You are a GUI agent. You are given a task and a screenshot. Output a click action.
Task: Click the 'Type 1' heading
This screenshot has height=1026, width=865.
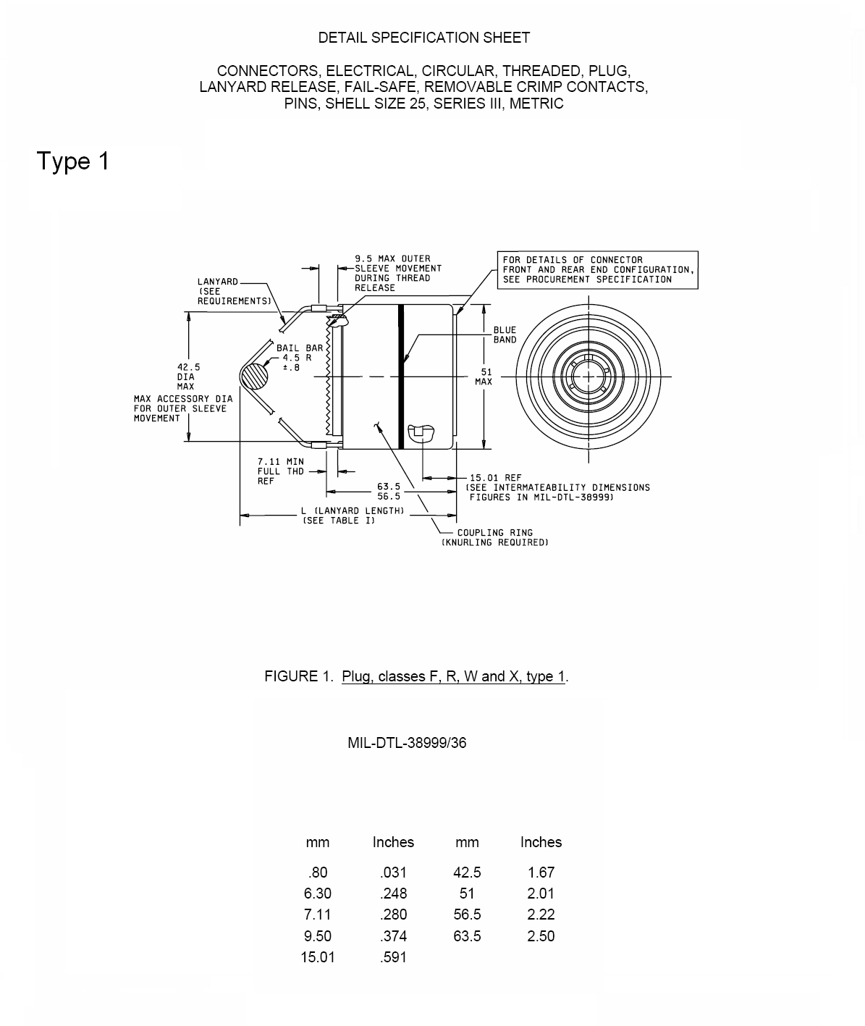coord(72,161)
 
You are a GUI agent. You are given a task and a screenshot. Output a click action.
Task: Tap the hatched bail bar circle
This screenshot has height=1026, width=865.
coord(254,376)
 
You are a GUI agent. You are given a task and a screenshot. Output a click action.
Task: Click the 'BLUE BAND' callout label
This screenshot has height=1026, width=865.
coord(505,335)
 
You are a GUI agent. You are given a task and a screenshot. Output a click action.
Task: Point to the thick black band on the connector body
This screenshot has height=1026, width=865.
coord(401,377)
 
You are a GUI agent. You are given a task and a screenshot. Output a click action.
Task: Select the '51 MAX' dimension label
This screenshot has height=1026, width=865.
coord(484,377)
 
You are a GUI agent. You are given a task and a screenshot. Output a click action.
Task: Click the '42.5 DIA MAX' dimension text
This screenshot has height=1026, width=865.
coord(188,377)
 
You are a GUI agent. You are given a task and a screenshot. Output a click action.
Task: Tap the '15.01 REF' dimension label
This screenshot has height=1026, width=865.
coord(496,478)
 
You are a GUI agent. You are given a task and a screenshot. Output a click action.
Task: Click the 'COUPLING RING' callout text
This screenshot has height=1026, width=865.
coord(494,533)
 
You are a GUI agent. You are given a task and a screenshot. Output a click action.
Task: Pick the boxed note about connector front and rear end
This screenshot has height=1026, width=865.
coord(597,270)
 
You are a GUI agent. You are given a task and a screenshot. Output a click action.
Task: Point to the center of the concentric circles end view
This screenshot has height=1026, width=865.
coord(588,377)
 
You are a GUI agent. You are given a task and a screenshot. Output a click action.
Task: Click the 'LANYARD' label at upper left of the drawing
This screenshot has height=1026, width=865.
coord(218,282)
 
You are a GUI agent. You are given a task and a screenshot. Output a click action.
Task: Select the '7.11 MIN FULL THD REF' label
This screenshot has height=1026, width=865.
coord(280,471)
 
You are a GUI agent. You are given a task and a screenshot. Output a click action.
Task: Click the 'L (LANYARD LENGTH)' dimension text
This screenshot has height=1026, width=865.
coord(353,511)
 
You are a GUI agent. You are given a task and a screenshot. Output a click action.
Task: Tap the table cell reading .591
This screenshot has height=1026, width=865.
coord(393,957)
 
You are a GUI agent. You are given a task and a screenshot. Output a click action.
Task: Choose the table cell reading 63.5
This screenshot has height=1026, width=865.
coord(467,936)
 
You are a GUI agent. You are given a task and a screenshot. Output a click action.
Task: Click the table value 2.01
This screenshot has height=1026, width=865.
coord(540,893)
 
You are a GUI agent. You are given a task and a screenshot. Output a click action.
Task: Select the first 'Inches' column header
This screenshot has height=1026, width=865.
coord(393,842)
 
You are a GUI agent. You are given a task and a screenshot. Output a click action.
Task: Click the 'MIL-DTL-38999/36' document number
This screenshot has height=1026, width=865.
coord(407,742)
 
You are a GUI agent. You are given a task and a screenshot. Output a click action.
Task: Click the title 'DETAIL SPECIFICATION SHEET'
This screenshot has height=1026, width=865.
coord(424,38)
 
